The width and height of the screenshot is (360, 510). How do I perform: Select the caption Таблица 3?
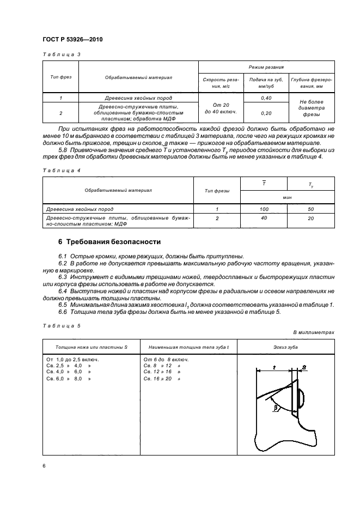click(x=60, y=54)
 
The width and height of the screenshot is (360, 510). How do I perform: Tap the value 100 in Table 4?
click(x=264, y=208)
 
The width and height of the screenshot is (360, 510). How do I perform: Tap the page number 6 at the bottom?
click(x=43, y=465)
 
